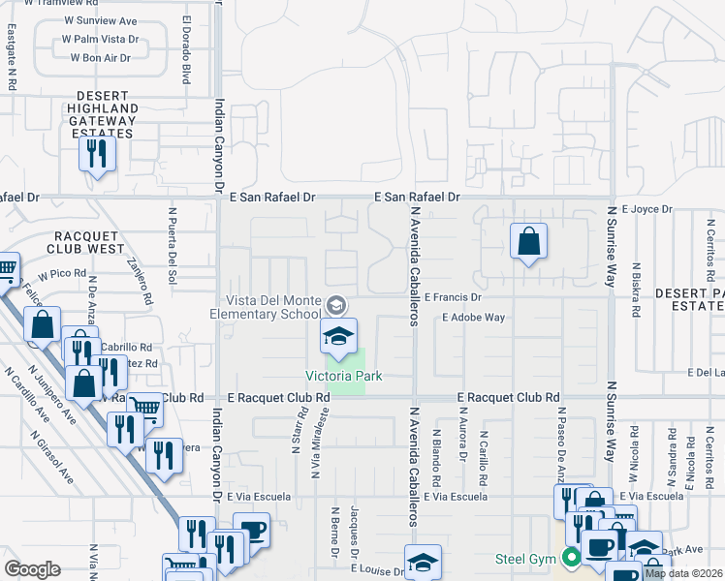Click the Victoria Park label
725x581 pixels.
[344, 376]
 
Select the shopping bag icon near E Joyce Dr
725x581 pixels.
[528, 241]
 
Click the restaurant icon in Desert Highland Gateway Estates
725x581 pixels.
[97, 154]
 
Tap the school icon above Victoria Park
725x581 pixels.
[338, 337]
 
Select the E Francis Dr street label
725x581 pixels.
[453, 298]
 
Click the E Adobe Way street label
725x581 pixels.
[473, 318]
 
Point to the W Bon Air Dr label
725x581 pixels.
[100, 58]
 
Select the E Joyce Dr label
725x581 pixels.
[647, 208]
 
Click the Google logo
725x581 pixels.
[32, 569]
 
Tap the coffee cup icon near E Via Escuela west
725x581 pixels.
[252, 531]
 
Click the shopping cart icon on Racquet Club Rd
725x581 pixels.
[144, 409]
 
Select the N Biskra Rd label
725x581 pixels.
[637, 289]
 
